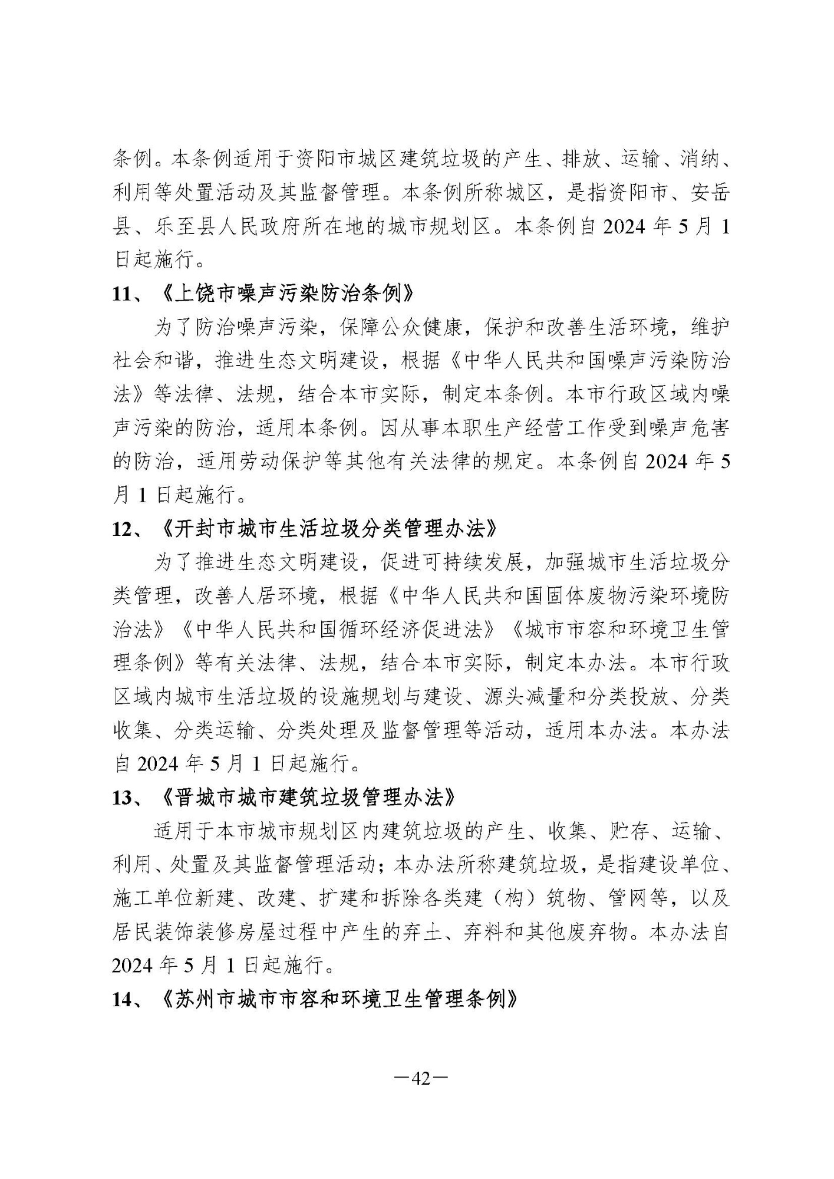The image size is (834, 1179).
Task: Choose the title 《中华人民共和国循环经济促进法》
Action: pyautogui.click(x=339, y=630)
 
